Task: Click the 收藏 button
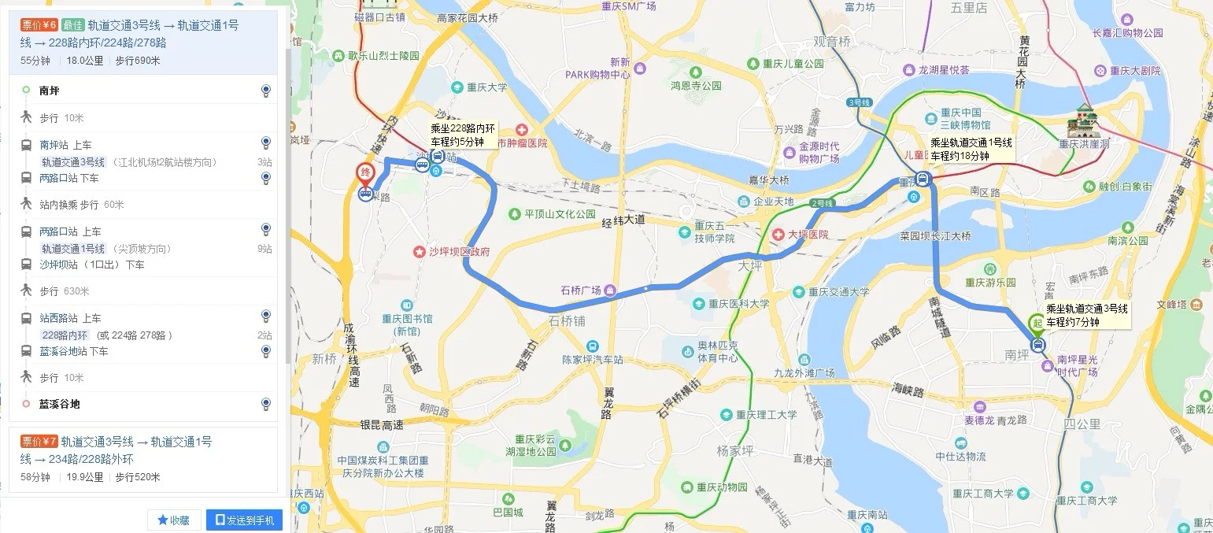[174, 520]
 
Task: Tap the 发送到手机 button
[244, 520]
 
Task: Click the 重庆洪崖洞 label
[1085, 144]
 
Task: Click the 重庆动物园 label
[716, 487]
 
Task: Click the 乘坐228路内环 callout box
[463, 135]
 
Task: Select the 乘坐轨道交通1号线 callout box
[971, 149]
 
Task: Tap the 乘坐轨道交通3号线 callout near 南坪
[1086, 315]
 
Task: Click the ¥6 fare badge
[39, 25]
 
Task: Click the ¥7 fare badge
[39, 442]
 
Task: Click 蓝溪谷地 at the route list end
[60, 404]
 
